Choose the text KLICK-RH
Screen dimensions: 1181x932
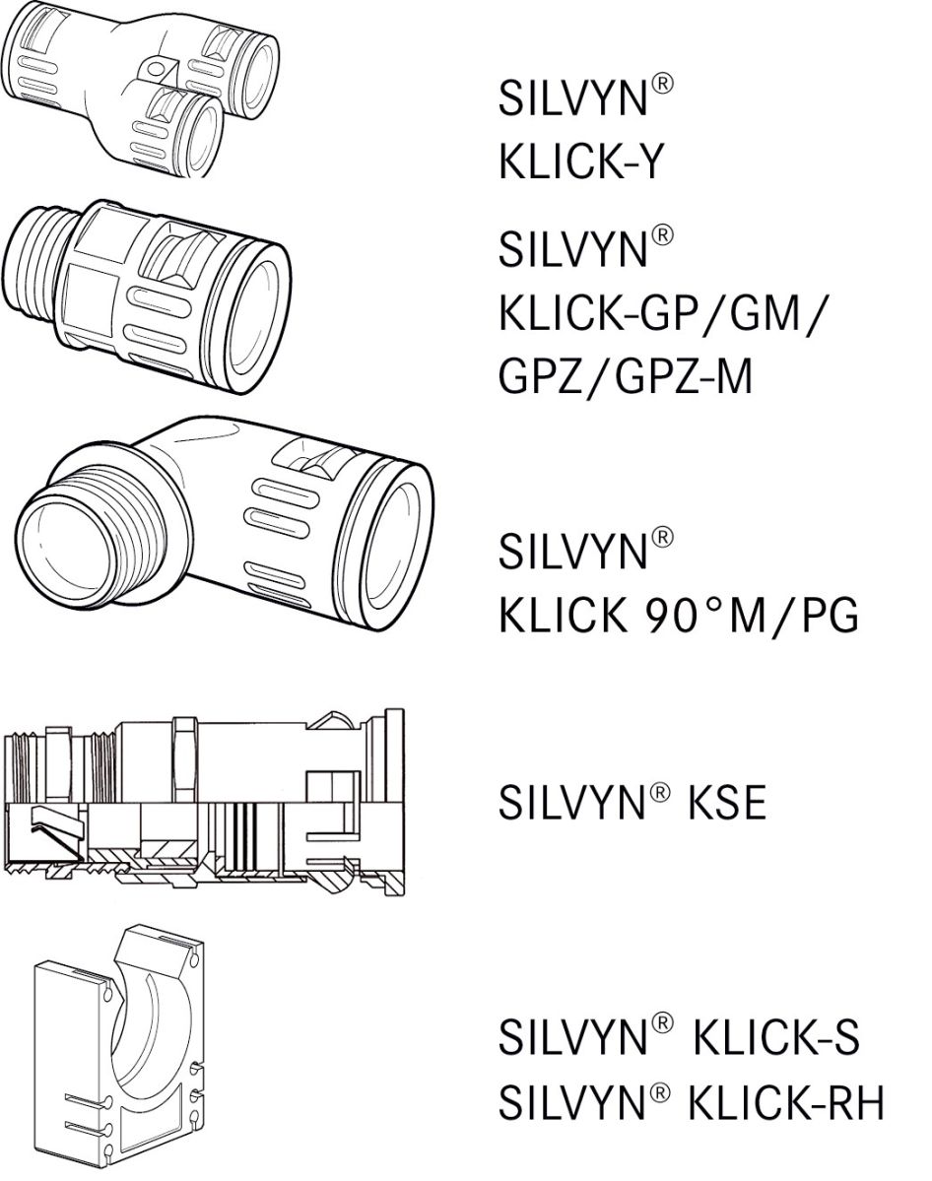[785, 1104]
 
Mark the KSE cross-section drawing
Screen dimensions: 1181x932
[207, 803]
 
